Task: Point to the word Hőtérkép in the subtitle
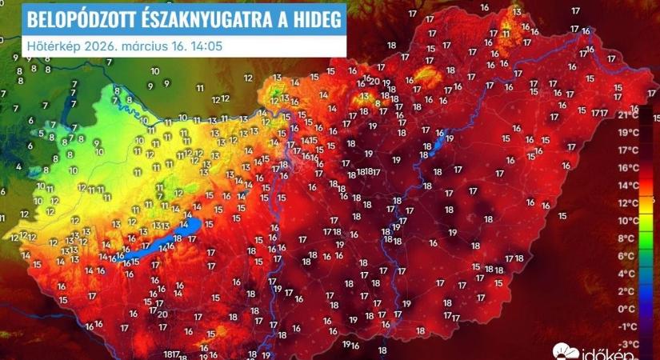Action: coord(50,45)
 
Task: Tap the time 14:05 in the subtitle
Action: coord(206,45)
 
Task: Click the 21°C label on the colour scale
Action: coord(629,115)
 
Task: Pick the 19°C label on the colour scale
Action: coord(629,133)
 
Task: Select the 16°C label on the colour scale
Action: coord(629,168)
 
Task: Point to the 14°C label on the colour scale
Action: coord(629,186)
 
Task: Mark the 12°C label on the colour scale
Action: coord(629,203)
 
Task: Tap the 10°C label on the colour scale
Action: coord(629,221)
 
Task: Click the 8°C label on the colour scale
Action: coord(629,238)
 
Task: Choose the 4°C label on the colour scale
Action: coord(629,274)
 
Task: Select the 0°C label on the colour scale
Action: coord(629,309)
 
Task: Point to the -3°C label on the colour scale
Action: coord(629,344)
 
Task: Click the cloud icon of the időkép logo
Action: coord(565,350)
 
